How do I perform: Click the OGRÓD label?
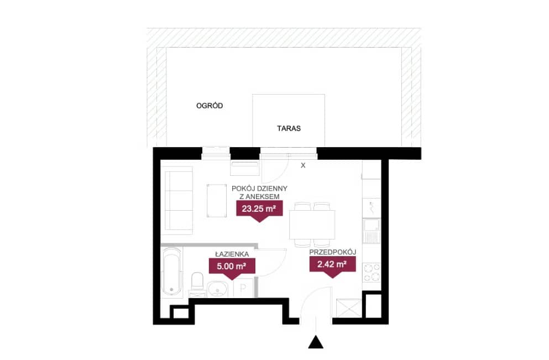click(210, 106)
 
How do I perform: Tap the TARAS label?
click(289, 128)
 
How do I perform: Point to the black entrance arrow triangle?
click(316, 342)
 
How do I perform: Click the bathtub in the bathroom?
click(171, 272)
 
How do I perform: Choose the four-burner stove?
click(372, 273)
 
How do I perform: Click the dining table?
click(312, 224)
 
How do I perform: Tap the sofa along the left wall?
click(179, 200)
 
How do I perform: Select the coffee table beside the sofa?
click(216, 201)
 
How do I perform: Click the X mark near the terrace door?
click(303, 165)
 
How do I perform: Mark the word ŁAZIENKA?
click(232, 254)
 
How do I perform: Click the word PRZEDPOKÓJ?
click(333, 252)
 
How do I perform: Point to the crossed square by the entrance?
click(348, 308)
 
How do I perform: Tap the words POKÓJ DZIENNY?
click(259, 189)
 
